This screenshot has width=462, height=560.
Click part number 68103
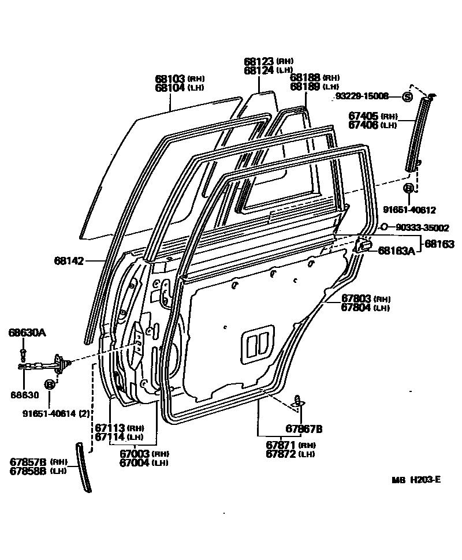coord(169,79)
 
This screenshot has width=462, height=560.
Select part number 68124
coord(258,70)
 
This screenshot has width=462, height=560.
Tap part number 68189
coord(305,87)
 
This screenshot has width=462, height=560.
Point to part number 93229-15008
coord(362,96)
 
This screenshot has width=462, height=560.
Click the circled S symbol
coord(407,97)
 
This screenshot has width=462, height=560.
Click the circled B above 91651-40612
coord(408,188)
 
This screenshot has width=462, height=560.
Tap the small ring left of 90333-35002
coord(384,227)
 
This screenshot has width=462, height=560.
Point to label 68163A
coord(396,250)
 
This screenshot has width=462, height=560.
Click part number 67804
coord(356,308)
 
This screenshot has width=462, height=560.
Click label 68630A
coord(27,333)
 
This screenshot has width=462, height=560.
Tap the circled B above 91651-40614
coord(50,384)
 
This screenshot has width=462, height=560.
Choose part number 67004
coord(135,463)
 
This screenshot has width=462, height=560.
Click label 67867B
coord(304,428)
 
